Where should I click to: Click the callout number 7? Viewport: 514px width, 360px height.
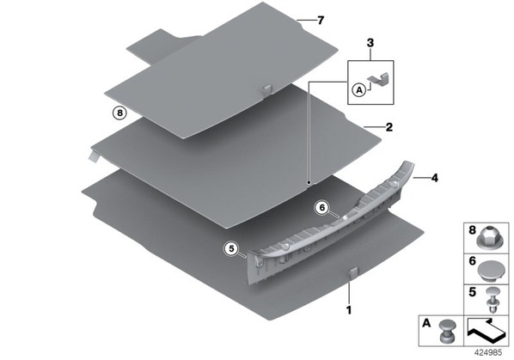pos(321,21)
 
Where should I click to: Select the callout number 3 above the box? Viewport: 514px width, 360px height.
pos(370,43)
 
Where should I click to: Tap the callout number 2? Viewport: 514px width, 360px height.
pos(389,127)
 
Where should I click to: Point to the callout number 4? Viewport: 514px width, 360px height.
pos(434,178)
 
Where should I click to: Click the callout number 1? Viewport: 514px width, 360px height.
pos(349,310)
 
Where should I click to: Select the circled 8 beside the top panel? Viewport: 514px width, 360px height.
pos(119,113)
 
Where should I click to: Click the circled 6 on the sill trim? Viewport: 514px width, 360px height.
pos(321,208)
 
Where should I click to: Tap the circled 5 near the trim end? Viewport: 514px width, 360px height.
pos(231,249)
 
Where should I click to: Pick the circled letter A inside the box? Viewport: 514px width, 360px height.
pos(359,89)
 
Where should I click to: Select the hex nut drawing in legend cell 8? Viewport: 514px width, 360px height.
pos(487,237)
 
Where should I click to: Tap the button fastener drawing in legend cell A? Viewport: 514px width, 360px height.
pos(447,332)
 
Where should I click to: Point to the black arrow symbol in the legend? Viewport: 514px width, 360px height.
pos(486,331)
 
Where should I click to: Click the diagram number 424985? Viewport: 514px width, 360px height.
pos(488,353)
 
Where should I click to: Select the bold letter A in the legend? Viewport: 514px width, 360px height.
pos(426,323)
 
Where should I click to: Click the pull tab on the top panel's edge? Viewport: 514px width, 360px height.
pos(267,90)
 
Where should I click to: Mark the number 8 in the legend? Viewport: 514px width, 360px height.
pos(472,230)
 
